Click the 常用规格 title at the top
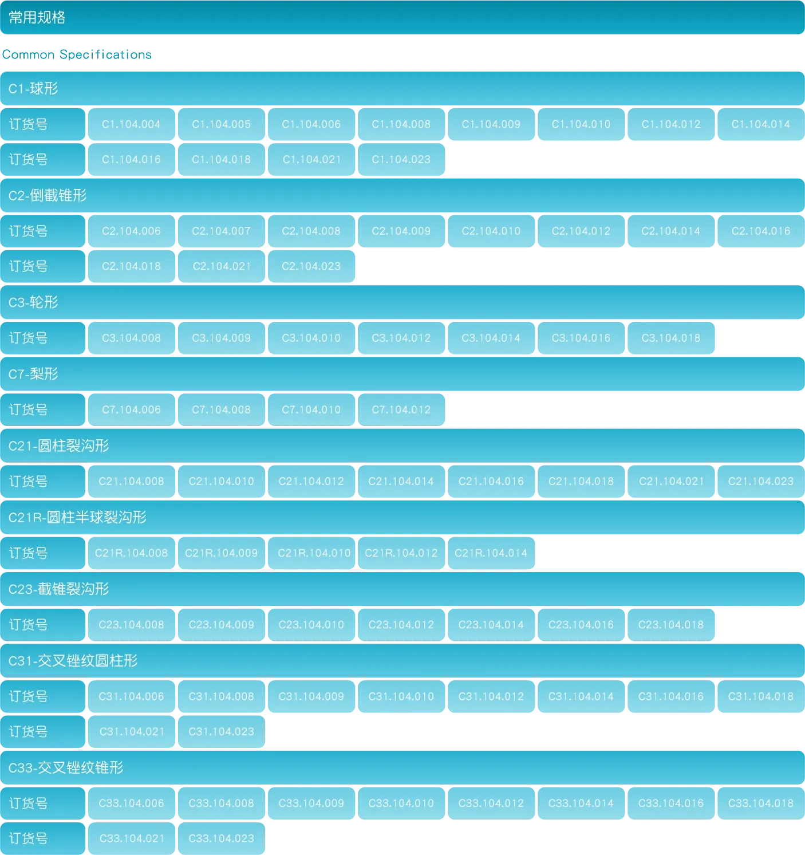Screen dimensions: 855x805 tap(37, 18)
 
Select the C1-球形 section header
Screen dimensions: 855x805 tap(33, 89)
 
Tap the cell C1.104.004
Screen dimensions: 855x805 tap(131, 124)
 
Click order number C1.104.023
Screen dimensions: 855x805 tap(401, 160)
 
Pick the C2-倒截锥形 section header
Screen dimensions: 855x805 tap(48, 196)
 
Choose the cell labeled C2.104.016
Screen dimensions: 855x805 tap(760, 231)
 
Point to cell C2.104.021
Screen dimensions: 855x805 tap(222, 266)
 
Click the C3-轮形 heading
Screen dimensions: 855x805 tap(33, 302)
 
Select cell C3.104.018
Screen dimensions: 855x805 tap(670, 338)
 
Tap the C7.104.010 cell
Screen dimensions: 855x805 tap(311, 410)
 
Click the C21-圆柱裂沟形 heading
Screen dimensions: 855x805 tap(58, 446)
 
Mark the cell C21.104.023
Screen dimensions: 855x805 tap(760, 482)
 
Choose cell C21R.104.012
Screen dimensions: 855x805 tap(401, 553)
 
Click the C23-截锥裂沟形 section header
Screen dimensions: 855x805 tap(58, 589)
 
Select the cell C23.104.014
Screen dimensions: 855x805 tap(491, 625)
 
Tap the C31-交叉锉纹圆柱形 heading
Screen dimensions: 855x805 tap(73, 661)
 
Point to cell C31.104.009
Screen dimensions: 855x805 tap(311, 697)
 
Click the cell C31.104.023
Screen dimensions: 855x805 tap(221, 732)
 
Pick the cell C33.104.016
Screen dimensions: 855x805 tap(670, 803)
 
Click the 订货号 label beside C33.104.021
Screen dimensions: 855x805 tap(28, 838)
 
